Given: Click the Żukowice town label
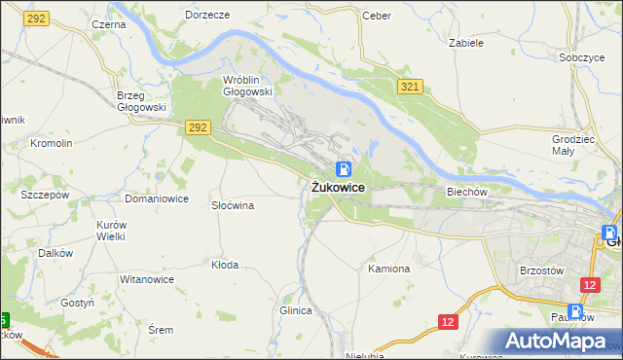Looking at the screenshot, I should coord(339,188).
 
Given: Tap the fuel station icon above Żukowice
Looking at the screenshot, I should coord(345,168).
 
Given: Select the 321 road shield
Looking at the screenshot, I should coord(409,88).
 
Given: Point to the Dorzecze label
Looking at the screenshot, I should coord(206,16).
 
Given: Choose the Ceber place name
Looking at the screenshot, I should coord(376,16).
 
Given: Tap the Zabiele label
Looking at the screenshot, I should coord(466,43).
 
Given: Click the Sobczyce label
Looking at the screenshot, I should coord(582,57).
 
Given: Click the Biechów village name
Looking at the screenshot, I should coord(466,192).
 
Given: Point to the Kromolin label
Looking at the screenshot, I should coord(52,143).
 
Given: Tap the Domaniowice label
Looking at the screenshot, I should coord(156,198).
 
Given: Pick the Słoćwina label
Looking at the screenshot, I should coord(233,205).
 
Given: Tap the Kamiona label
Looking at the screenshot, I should coord(389,268).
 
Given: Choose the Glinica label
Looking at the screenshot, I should coord(295,310).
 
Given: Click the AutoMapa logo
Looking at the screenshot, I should coord(558,342).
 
